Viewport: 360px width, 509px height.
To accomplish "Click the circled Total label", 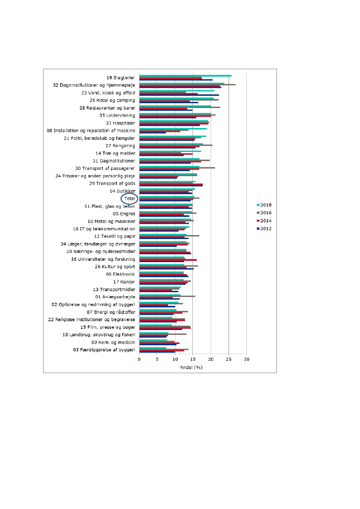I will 130,199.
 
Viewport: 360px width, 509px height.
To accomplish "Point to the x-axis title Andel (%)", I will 192,367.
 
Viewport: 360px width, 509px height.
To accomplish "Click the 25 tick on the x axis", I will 229,359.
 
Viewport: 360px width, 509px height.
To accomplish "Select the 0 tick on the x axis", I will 139,359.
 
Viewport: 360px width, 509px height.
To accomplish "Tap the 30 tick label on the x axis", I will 246,359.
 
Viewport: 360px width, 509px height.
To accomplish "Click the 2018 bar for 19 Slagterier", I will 185,76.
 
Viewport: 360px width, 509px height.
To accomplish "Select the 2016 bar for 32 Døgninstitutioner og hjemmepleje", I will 187,85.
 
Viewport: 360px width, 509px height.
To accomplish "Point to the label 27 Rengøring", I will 120,146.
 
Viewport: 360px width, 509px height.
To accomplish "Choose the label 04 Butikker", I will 123,191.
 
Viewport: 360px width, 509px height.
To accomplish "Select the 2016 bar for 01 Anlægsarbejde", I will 167,296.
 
